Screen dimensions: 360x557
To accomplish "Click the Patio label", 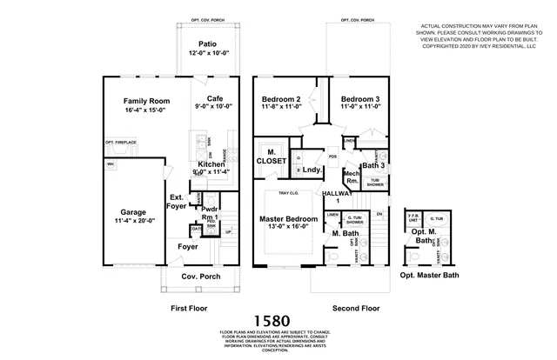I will pyautogui.click(x=207, y=43).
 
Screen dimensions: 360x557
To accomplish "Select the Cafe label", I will pyautogui.click(x=216, y=98).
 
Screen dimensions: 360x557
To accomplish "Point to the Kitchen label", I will pyautogui.click(x=211, y=164).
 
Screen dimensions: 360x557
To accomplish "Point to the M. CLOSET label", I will pyautogui.click(x=271, y=157).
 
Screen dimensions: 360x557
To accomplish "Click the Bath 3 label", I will pyautogui.click(x=372, y=165).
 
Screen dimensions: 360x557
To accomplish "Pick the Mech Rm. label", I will pyautogui.click(x=352, y=177).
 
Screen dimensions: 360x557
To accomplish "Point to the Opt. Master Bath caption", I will pyautogui.click(x=429, y=275).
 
